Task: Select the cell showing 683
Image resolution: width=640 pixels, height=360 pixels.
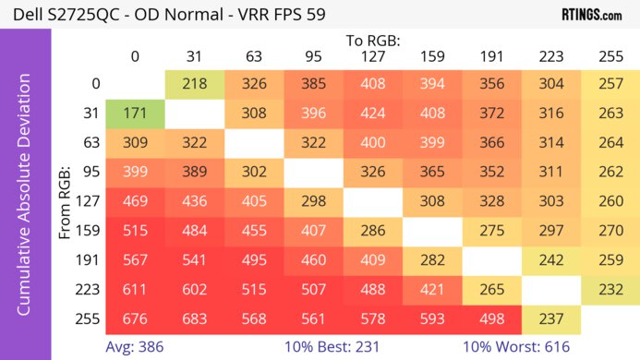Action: coord(194,322)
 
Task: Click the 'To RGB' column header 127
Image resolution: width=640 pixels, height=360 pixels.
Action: coord(372,57)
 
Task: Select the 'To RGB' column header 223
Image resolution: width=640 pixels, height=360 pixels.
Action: coord(550,57)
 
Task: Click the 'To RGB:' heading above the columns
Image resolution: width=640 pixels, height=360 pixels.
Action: coord(372,41)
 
